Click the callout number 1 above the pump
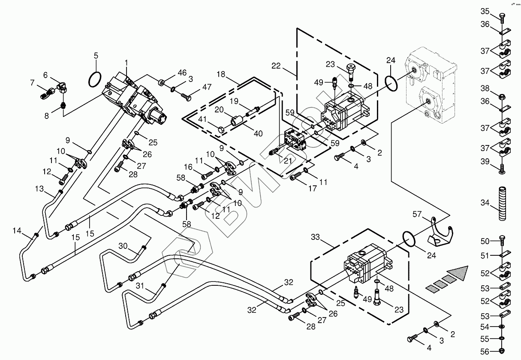127,63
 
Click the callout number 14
16,231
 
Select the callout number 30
123,246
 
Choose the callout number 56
485,351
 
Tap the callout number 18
221,74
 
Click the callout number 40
258,134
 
